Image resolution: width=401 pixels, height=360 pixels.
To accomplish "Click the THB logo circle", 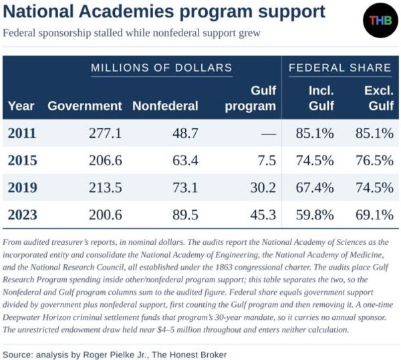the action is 380,20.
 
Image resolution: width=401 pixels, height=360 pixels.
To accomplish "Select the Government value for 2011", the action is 105,133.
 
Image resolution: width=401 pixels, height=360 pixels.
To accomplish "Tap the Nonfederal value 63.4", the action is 185,161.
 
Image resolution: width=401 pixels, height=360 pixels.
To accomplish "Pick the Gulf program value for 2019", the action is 263,187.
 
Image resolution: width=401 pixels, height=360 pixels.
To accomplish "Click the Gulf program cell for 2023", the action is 263,215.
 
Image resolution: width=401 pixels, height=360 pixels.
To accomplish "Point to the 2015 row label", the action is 22,161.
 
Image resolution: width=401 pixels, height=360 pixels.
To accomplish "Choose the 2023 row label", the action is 22,215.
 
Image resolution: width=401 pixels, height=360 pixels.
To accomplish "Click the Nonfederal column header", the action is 165,106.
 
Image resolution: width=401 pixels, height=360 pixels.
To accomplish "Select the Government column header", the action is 85,106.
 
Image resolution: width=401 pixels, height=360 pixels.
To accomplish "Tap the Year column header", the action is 21,106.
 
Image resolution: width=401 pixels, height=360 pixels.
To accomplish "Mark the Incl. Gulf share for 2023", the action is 315,215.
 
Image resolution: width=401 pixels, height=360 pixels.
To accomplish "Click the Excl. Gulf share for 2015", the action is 374,161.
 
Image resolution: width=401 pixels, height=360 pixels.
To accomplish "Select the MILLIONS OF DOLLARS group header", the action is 162,68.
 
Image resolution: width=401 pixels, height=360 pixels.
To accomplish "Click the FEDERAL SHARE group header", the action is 340,68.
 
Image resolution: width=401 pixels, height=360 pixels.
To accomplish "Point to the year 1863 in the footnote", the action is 224,267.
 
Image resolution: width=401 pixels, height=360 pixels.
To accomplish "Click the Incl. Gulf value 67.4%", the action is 315,187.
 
